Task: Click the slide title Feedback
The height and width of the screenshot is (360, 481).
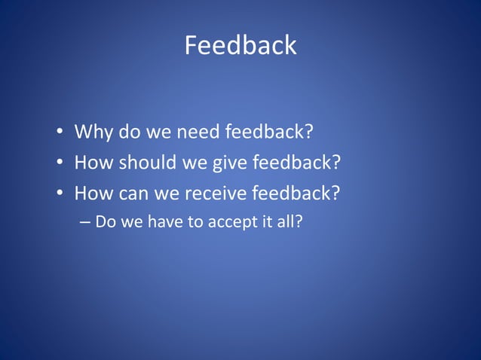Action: pos(240,46)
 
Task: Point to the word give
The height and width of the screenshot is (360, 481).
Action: pos(229,163)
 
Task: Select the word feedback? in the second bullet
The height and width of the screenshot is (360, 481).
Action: pos(297,163)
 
